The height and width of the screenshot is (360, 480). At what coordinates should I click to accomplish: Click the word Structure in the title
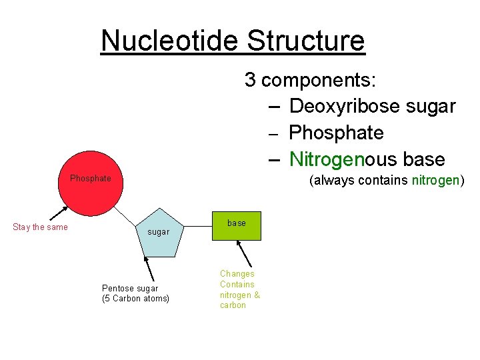pos(306,41)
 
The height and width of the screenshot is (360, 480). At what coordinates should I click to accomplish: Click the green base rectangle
pos(236,225)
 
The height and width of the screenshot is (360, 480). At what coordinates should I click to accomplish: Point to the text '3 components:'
pos(310,80)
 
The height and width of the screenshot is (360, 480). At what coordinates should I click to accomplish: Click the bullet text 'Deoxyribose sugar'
pos(372,106)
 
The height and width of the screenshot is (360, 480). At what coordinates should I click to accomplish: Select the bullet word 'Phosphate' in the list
pos(336,133)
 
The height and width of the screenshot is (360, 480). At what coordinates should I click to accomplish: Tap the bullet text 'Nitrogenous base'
pos(367,159)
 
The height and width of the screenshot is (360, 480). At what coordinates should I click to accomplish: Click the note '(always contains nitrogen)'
pos(385,180)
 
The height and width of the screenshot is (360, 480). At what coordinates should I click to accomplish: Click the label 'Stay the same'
pos(40,227)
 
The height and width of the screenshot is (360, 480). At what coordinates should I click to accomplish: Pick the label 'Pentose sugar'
pos(130,288)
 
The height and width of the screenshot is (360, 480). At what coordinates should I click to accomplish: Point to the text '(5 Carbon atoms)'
pos(135,299)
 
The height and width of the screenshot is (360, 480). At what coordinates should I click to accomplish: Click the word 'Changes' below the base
pos(237,273)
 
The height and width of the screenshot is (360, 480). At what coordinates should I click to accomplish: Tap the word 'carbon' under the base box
pos(233,305)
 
